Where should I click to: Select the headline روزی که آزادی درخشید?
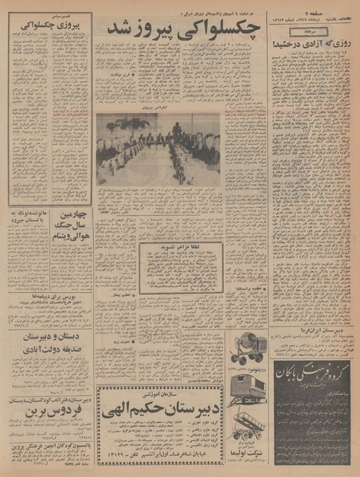click(x=311, y=45)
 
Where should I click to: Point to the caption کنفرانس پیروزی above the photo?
click(x=147, y=108)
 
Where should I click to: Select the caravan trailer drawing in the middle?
click(x=248, y=394)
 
